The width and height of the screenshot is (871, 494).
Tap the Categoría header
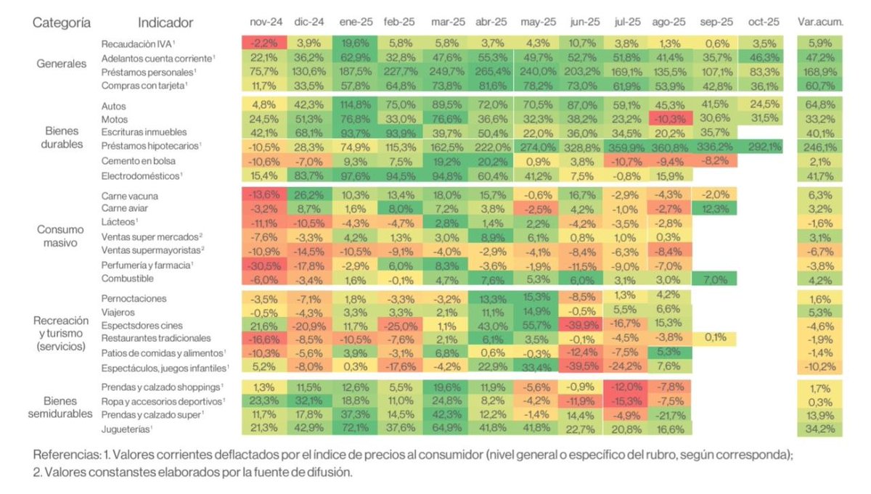(x=62, y=22)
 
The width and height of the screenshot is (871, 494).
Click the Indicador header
(x=165, y=22)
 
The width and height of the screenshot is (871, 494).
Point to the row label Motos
(x=115, y=119)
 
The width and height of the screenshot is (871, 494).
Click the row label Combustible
(x=128, y=278)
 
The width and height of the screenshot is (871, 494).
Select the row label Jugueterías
(x=126, y=428)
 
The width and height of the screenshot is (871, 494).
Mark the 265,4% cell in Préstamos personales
(x=491, y=72)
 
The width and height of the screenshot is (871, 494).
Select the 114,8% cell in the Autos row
(x=354, y=105)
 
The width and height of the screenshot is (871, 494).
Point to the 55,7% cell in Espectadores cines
(x=536, y=325)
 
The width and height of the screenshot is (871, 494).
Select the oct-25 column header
(x=762, y=22)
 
